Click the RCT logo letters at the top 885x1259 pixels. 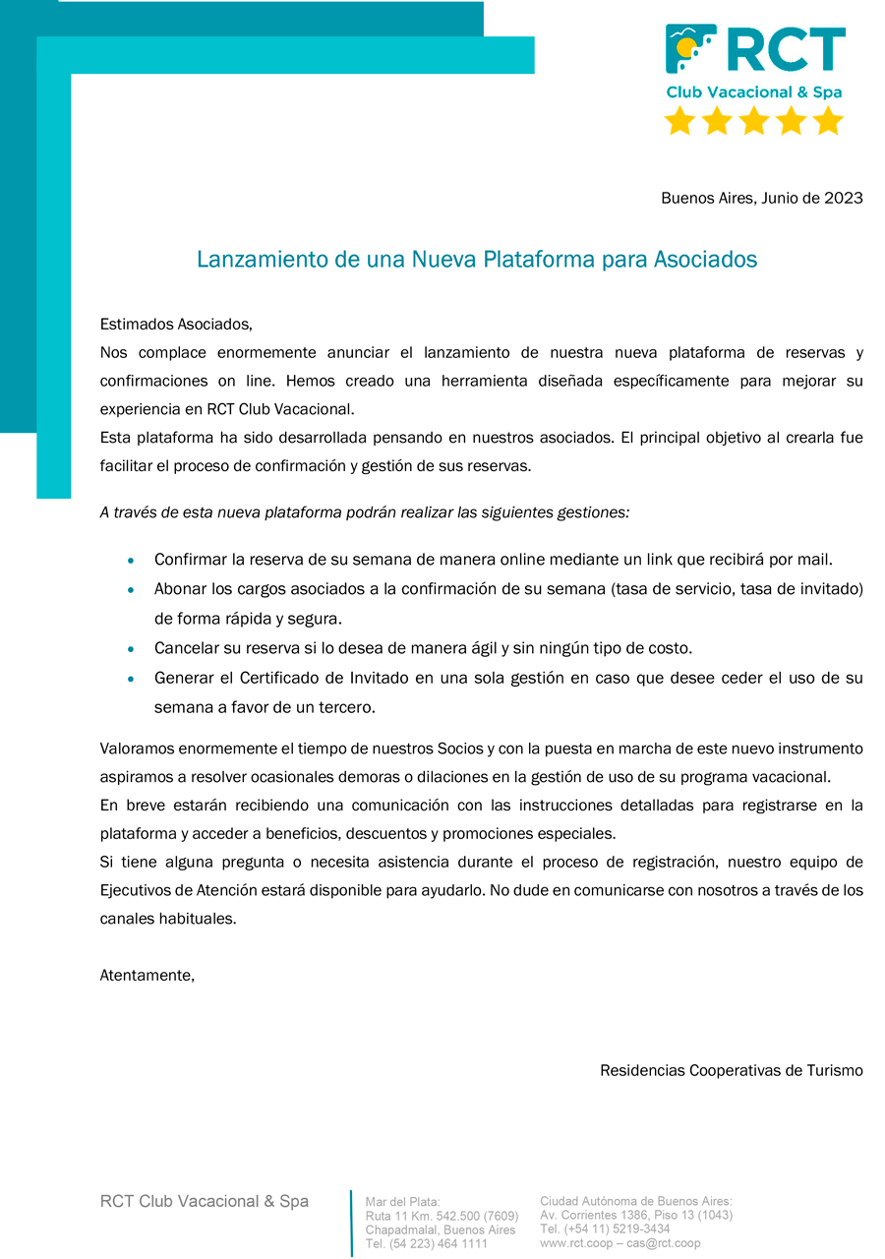[787, 50]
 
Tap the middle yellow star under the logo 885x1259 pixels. [754, 121]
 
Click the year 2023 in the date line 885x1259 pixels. [844, 198]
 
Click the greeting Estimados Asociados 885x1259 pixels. [176, 324]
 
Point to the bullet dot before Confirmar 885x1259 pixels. [132, 561]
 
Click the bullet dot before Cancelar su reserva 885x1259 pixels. [132, 649]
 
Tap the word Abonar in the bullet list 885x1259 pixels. [181, 589]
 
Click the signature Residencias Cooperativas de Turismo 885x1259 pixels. [731, 1070]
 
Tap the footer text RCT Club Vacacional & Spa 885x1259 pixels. [205, 1201]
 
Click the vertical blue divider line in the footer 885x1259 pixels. [351, 1223]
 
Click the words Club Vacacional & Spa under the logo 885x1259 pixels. [754, 92]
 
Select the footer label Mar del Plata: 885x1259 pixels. [403, 1202]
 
